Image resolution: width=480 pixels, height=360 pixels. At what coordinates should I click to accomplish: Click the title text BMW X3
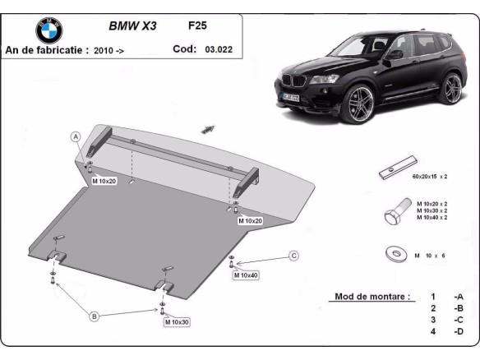[x=132, y=25]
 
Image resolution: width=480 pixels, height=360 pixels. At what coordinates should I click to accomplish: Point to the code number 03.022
[x=218, y=49]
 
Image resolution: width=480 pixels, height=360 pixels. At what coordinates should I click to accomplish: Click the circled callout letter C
[x=293, y=256]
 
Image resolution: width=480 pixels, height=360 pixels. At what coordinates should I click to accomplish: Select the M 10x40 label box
[x=246, y=275]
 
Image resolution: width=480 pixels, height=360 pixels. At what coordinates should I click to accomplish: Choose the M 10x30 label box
[x=176, y=321]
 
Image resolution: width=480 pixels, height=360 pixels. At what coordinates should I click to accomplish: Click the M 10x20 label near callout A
[x=104, y=180]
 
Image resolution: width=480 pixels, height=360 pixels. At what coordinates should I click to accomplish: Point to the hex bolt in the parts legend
[x=393, y=215]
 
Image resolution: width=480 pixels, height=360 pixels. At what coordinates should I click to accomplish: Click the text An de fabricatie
[x=47, y=50]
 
